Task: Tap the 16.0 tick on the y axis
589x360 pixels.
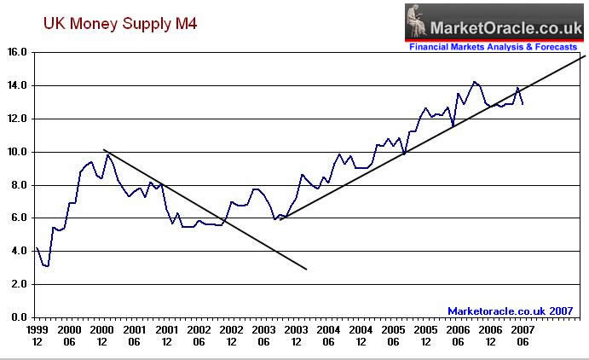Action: [19, 53]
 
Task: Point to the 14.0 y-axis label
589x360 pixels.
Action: [19, 86]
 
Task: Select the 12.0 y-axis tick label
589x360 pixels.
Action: [19, 119]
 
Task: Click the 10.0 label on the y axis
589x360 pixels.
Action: [19, 152]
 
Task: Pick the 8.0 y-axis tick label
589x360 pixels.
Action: [21, 185]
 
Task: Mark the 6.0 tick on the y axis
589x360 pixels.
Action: [21, 218]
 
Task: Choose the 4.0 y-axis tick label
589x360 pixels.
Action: [21, 252]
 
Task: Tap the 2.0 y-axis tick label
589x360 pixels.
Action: [21, 284]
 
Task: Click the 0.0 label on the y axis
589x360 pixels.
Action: [21, 317]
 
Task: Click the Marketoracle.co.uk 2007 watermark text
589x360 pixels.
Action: [510, 311]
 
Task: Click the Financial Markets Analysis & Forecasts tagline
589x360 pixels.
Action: [494, 47]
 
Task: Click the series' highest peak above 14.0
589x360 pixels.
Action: [475, 82]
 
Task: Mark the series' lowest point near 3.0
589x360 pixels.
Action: [47, 266]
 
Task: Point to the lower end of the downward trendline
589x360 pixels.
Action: [306, 270]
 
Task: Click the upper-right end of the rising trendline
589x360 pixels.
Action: [586, 55]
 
